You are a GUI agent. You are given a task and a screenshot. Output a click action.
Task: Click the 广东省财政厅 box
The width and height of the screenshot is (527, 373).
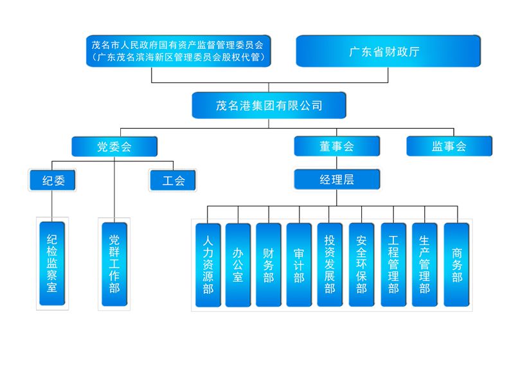(388, 51)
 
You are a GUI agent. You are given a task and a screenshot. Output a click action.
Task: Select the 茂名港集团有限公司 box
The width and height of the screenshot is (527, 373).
(269, 105)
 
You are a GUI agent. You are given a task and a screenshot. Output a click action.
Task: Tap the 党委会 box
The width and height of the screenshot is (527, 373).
(114, 146)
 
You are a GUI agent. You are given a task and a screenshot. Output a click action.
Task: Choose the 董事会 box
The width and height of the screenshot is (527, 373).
(337, 146)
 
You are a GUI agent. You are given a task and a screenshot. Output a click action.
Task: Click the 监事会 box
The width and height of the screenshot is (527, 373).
(449, 146)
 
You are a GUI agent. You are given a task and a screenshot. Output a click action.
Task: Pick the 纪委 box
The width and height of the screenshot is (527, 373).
(52, 180)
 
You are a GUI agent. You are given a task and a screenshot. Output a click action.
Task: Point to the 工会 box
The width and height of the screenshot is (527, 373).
(172, 180)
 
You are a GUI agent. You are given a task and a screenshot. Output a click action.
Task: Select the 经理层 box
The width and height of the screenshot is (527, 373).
(337, 179)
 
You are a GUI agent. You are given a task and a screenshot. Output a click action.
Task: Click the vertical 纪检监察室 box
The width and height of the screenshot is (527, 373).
(52, 264)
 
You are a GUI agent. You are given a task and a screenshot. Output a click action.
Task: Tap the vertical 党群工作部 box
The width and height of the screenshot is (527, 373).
(114, 264)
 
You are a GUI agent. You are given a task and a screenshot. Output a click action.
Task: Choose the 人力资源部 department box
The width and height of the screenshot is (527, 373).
(208, 264)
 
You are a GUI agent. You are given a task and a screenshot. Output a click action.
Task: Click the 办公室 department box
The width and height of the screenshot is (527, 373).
(238, 264)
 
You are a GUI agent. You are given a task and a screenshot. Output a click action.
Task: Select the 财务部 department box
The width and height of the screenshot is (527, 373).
(269, 264)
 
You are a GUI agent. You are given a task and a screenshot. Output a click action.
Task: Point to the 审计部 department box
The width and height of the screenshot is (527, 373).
(299, 264)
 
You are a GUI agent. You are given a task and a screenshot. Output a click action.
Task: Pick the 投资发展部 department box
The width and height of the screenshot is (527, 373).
(330, 264)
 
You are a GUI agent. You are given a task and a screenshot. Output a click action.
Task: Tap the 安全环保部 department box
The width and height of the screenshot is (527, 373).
(361, 264)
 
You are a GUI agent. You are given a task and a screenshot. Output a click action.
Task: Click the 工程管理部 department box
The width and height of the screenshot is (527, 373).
(393, 264)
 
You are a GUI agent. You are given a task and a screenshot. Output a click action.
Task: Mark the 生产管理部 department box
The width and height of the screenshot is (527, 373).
(424, 264)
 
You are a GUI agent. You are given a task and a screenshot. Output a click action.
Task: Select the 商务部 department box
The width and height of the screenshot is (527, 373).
(457, 264)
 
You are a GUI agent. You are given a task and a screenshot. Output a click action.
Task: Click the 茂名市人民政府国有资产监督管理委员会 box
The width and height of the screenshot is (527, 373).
(178, 51)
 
